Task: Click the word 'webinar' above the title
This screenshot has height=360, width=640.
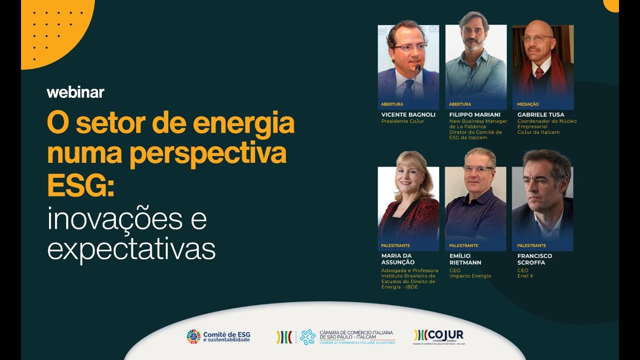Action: pos(75,92)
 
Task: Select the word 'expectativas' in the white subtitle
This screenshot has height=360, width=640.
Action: pos(131,249)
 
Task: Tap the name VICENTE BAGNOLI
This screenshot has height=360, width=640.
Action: pos(408,114)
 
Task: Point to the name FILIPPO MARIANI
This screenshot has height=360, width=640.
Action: pos(474,114)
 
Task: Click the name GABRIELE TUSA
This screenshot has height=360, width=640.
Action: pos(540,114)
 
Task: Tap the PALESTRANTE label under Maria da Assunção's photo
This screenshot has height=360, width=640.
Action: pos(395,245)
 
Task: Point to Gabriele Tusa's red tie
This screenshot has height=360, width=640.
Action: pos(539,72)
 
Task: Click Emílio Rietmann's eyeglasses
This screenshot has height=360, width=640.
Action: pos(477,169)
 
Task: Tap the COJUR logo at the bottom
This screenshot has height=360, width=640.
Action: pos(439,336)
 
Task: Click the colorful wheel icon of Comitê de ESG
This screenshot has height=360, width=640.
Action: pos(193,336)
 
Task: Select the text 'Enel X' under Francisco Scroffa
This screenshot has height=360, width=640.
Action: pos(525,276)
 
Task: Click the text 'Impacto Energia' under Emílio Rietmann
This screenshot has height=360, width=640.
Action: pos(470,276)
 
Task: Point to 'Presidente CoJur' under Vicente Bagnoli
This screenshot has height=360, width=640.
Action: pos(402,121)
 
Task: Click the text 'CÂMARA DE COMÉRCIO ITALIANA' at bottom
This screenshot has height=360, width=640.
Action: pos(356,332)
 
